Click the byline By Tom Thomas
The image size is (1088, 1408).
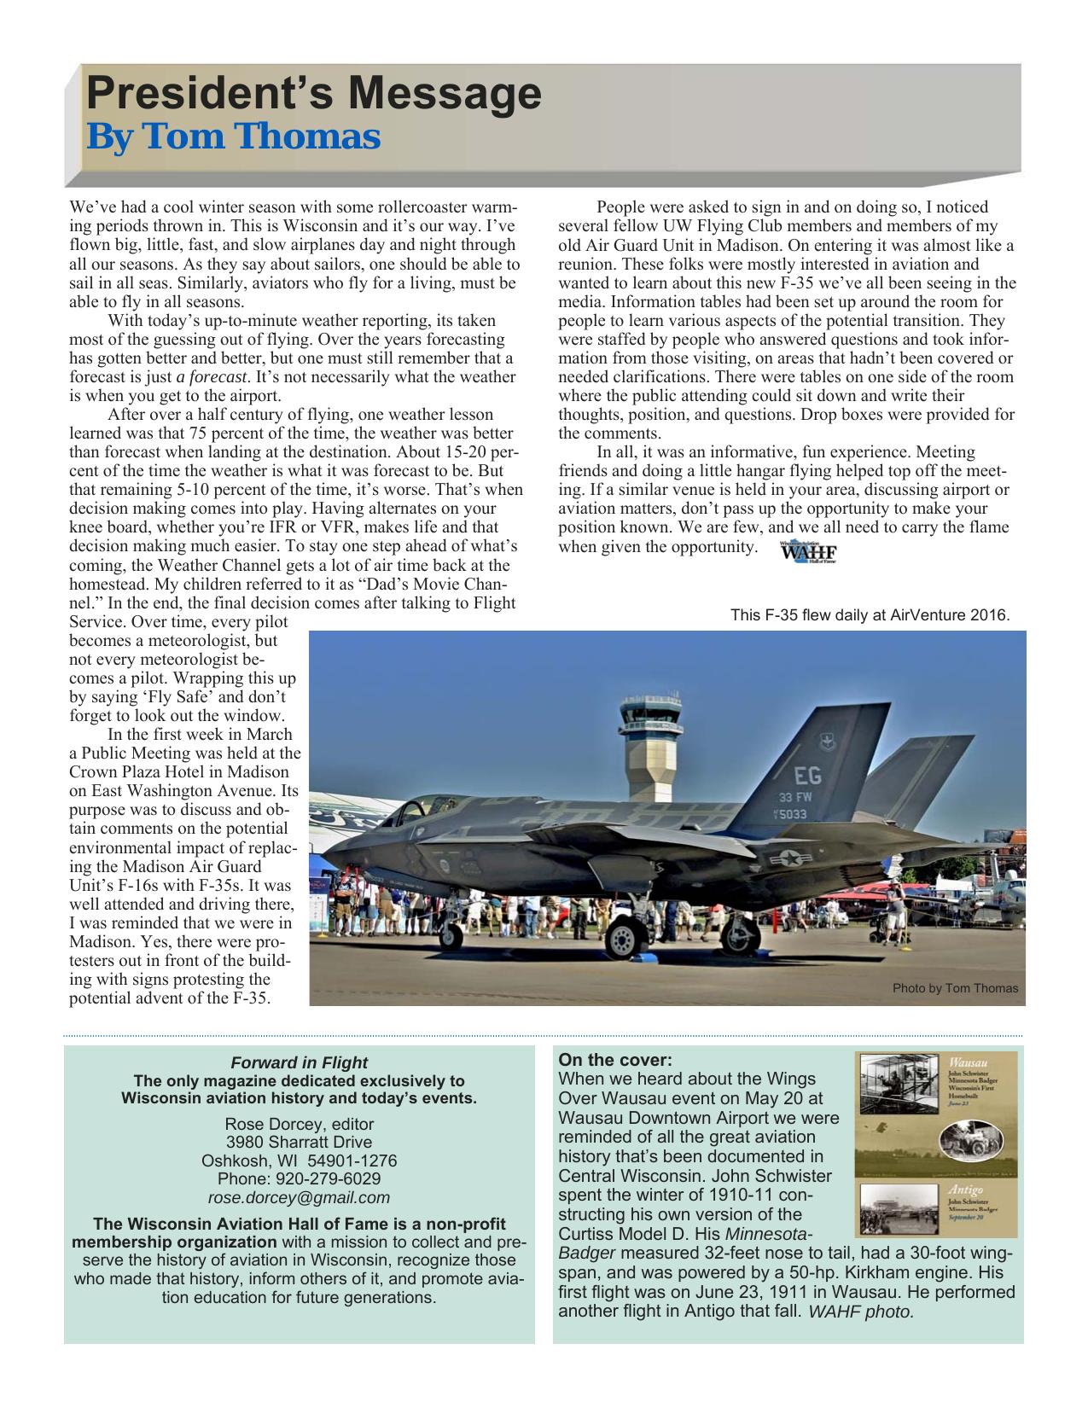pyautogui.click(x=233, y=137)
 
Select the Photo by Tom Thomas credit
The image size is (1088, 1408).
pyautogui.click(x=955, y=988)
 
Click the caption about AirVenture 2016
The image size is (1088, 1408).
pyautogui.click(x=870, y=615)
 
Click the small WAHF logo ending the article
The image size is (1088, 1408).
pyautogui.click(x=808, y=552)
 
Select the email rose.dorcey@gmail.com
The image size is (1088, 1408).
pyautogui.click(x=299, y=1197)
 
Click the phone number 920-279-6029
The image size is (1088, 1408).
pyautogui.click(x=299, y=1178)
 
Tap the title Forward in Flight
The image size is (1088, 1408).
pyautogui.click(x=299, y=1062)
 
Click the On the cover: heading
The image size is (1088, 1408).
pyautogui.click(x=614, y=1060)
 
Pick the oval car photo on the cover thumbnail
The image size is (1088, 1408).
pyautogui.click(x=965, y=1141)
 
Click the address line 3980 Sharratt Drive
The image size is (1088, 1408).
pyautogui.click(x=299, y=1142)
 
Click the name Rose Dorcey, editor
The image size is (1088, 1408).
pyautogui.click(x=299, y=1123)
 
